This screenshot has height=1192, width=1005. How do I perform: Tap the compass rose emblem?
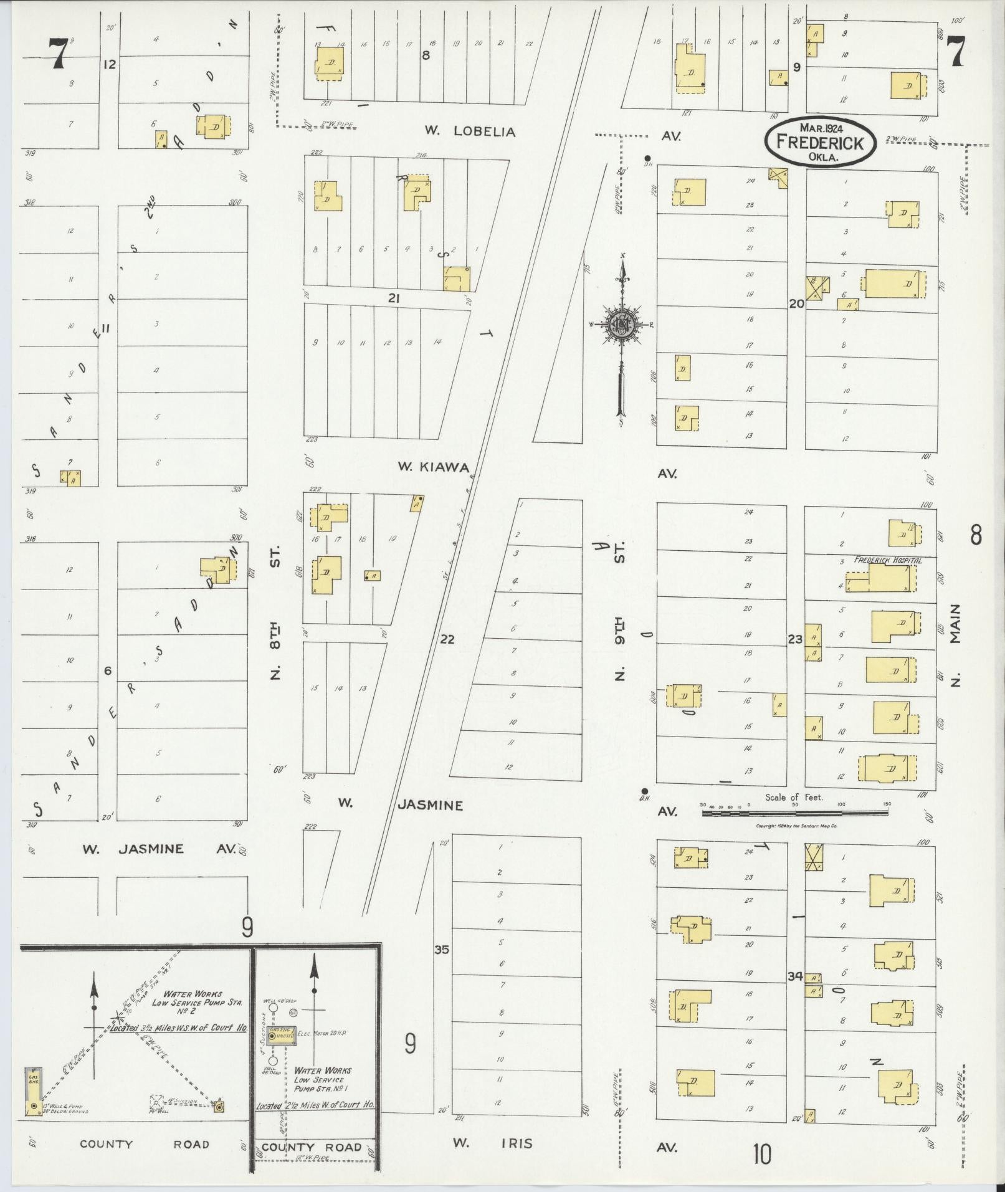(621, 324)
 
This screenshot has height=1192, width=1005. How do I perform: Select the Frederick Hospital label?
(887, 560)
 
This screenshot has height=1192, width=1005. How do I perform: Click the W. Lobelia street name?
(470, 131)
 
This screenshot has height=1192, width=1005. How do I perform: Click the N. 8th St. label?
(276, 613)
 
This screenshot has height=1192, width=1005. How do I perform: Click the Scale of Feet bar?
(795, 813)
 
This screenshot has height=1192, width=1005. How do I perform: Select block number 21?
(393, 298)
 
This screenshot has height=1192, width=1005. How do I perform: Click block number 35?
(441, 950)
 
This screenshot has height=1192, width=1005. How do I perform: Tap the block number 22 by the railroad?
(447, 639)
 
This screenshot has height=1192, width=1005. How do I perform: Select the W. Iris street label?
(492, 1143)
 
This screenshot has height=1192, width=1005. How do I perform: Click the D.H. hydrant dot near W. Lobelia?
(647, 158)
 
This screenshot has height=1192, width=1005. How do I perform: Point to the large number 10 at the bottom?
(761, 1155)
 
